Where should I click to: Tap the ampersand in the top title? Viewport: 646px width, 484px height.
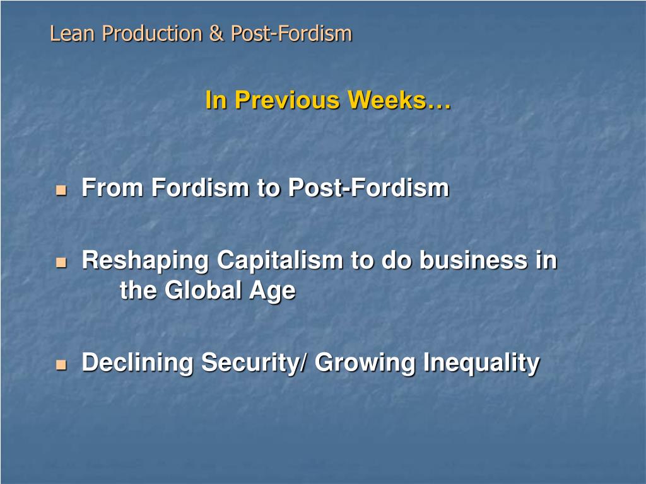pyautogui.click(x=217, y=33)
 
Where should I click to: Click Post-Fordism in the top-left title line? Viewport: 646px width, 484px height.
pyautogui.click(x=291, y=33)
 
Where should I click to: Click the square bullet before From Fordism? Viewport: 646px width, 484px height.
pyautogui.click(x=61, y=189)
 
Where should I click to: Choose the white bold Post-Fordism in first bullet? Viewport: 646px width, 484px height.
pyautogui.click(x=368, y=188)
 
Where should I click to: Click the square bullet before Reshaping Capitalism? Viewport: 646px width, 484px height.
pyautogui.click(x=61, y=262)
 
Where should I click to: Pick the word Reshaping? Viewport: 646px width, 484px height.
pyautogui.click(x=146, y=261)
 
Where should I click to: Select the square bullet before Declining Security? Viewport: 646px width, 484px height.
pyautogui.click(x=61, y=364)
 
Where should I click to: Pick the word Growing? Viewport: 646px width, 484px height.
pyautogui.click(x=365, y=363)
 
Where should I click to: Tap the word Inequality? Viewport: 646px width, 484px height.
pyautogui.click(x=481, y=363)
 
